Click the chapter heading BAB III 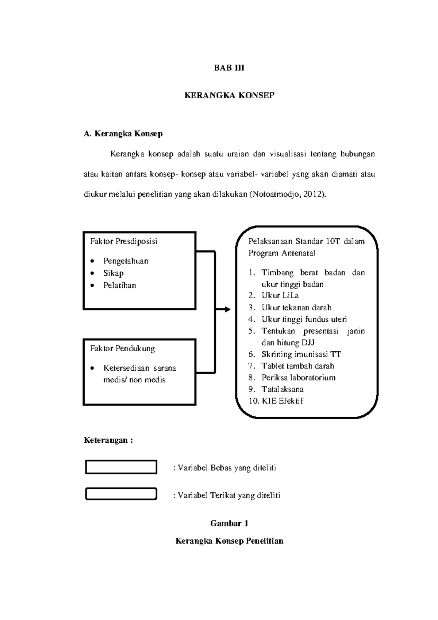coord(229,68)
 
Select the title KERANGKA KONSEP coord(229,96)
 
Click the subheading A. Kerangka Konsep coord(123,134)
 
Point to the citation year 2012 coord(314,194)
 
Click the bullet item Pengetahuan coord(126,261)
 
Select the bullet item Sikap coord(113,273)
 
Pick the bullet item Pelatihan coord(119,286)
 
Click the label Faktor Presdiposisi coord(124,241)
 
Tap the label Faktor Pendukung coord(122,349)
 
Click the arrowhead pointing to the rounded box coord(227,310)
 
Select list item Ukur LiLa coord(280,296)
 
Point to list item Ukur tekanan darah coord(296,308)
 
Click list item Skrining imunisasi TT coord(301,354)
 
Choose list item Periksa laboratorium coord(298,378)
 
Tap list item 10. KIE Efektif coord(276,401)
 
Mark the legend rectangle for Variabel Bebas coord(121,467)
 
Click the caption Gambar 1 coord(229,523)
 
